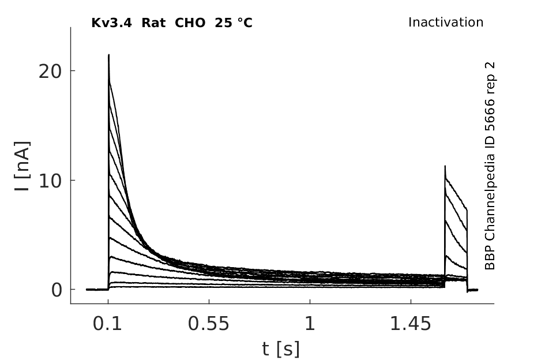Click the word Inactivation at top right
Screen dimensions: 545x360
(446, 22)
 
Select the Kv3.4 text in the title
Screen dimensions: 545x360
(111, 23)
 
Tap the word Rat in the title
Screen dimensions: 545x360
(153, 23)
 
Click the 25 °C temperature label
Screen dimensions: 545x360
(234, 23)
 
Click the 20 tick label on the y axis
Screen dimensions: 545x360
(50, 72)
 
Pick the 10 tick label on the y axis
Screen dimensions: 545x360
(50, 181)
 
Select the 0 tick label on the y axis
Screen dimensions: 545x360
(56, 290)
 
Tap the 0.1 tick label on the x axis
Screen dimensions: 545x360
(107, 324)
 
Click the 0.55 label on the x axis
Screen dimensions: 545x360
(209, 324)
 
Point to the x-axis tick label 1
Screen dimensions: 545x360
(310, 324)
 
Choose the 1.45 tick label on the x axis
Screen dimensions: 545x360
(411, 324)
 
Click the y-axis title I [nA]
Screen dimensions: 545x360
(22, 166)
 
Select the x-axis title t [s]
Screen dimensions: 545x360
(280, 349)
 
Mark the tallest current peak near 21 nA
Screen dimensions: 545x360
(109, 55)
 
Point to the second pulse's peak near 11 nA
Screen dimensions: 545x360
(445, 166)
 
